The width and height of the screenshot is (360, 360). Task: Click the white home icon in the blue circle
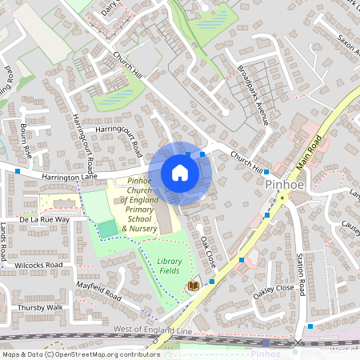tap(180, 173)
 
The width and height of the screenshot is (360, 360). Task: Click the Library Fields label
tap(169, 266)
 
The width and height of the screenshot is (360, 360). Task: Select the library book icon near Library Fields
tap(193, 286)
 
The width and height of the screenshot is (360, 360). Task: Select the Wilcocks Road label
tap(38, 265)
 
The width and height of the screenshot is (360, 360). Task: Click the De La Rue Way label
tap(45, 218)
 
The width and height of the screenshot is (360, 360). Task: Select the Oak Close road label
tap(208, 251)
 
